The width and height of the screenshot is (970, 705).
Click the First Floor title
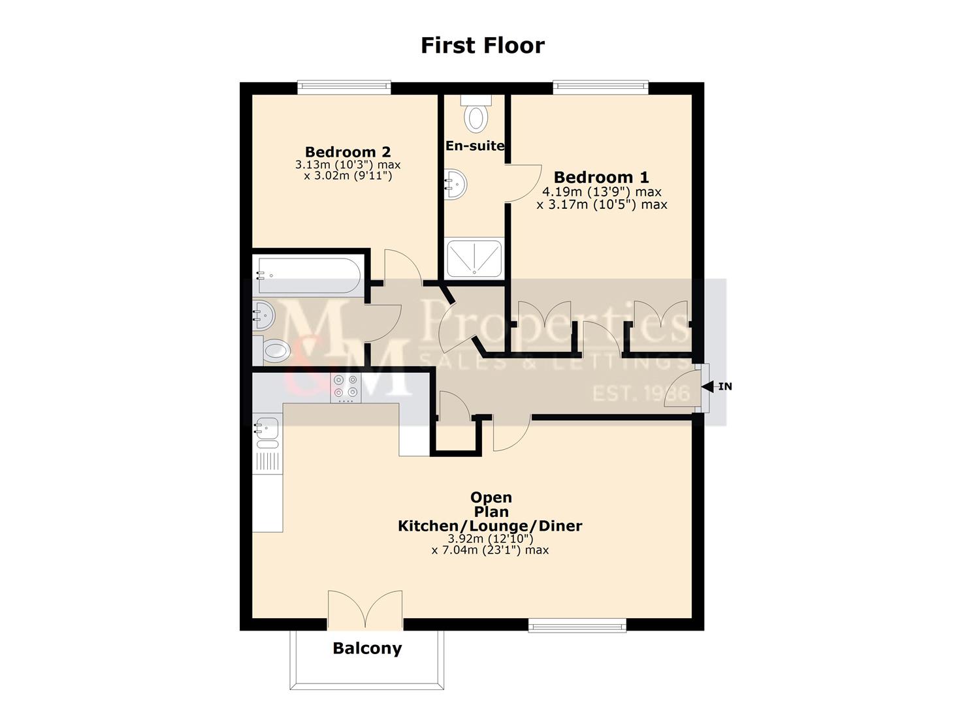[482, 46]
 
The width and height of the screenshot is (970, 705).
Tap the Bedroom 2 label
[348, 152]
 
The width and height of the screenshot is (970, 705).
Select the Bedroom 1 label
[602, 177]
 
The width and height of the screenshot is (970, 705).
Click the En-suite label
[475, 146]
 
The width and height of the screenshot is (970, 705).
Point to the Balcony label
[367, 648]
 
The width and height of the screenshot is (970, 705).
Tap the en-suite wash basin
[455, 184]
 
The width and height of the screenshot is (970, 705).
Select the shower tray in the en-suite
[474, 257]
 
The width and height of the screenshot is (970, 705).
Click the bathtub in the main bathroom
[307, 276]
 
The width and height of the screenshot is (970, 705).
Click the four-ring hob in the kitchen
[345, 386]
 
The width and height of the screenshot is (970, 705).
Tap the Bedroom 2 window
[344, 86]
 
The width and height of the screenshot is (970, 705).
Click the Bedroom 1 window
[600, 86]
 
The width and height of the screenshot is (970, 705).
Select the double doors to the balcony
[365, 611]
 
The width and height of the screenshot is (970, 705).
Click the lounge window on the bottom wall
[577, 626]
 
